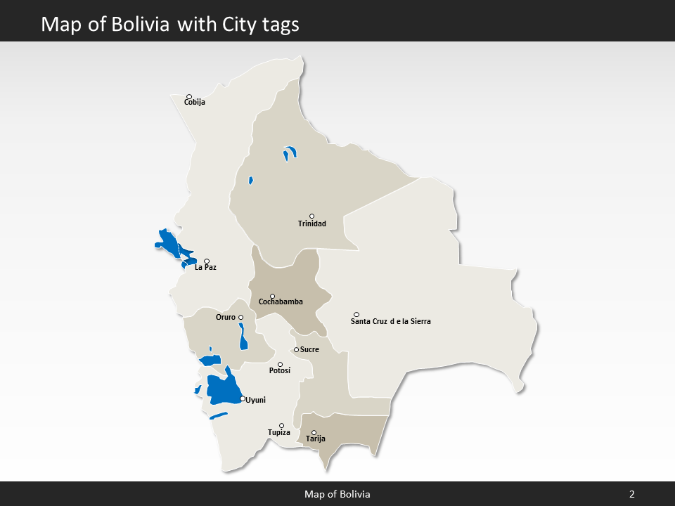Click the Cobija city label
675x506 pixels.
[194, 103]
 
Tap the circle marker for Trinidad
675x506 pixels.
[311, 216]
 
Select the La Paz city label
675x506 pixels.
[205, 268]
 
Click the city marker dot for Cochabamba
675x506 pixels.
[273, 297]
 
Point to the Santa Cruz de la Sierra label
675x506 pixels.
[390, 321]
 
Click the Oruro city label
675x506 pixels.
[225, 317]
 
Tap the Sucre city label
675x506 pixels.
[309, 349]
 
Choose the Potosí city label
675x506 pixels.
[279, 370]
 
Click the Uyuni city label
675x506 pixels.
[256, 400]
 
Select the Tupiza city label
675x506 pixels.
[278, 432]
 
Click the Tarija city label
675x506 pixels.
[316, 439]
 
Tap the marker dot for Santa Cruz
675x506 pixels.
[356, 314]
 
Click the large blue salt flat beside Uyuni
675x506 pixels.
[224, 389]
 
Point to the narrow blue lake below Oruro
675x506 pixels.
[243, 336]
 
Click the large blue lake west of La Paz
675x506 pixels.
[169, 242]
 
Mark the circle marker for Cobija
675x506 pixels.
[188, 97]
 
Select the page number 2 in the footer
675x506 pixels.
[631, 494]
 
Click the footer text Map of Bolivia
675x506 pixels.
[337, 494]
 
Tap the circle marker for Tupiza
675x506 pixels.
[282, 425]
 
